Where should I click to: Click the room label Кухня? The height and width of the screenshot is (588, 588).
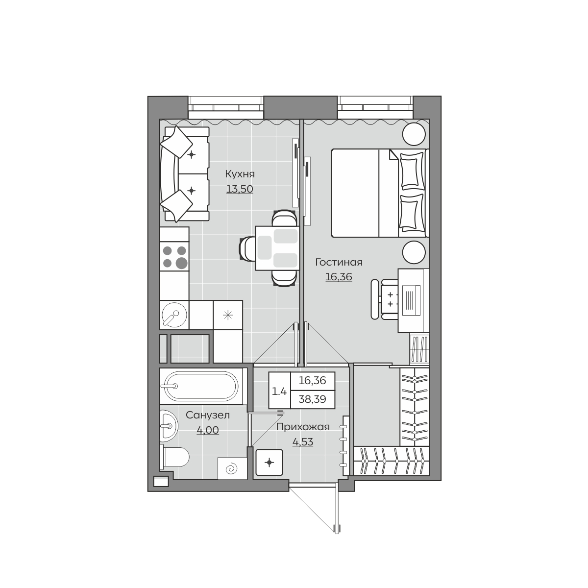[240, 174]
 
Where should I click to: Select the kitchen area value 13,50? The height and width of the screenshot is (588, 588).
[240, 189]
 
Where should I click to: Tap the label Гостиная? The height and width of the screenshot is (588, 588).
[339, 262]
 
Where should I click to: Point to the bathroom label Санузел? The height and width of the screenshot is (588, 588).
[207, 415]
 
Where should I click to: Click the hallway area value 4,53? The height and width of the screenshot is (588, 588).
[303, 442]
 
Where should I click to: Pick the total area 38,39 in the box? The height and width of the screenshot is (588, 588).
[313, 399]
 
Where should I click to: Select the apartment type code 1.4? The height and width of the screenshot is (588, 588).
[279, 392]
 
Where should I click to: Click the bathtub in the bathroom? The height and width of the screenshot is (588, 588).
[201, 386]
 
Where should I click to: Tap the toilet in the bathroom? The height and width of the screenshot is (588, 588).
[174, 457]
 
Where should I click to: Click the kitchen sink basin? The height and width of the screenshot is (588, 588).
[173, 315]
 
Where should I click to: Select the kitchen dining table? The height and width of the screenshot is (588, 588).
[277, 248]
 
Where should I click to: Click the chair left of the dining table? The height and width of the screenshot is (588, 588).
[247, 249]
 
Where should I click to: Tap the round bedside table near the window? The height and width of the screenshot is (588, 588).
[414, 134]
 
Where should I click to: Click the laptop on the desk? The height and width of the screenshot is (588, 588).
[411, 300]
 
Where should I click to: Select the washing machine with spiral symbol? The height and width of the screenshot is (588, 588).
[232, 468]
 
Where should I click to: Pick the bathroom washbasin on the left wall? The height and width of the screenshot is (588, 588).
[169, 426]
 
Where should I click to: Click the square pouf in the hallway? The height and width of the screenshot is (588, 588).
[269, 463]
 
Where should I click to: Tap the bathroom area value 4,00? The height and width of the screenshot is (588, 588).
[207, 430]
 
